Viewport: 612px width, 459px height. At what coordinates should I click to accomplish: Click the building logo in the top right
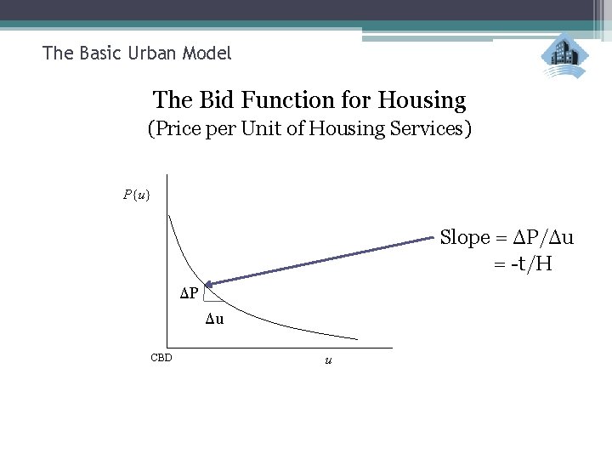564,56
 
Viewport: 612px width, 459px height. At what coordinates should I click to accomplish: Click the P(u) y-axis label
136,195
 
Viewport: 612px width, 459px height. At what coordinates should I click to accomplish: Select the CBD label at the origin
161,358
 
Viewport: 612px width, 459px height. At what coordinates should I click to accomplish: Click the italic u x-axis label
328,360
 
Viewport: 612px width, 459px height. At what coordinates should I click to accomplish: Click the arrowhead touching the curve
207,283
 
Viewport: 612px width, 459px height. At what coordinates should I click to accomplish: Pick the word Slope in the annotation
465,238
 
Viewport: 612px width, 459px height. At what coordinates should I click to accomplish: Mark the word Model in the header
210,54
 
